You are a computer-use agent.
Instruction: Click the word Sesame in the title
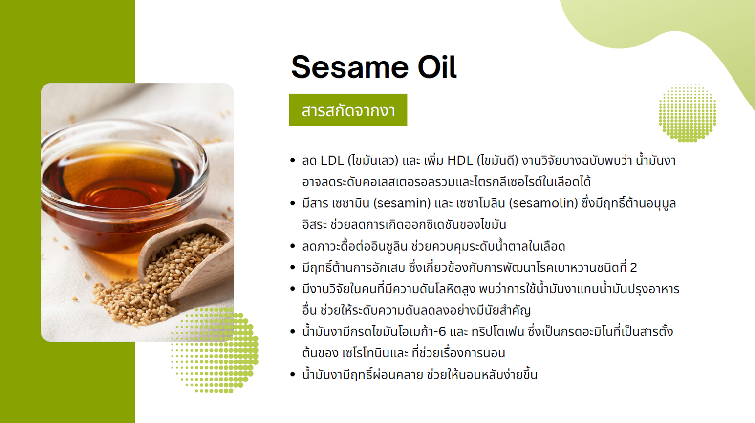click(x=350, y=67)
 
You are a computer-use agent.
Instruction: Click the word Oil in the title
click(x=437, y=67)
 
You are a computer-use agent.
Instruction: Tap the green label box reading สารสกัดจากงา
click(x=348, y=110)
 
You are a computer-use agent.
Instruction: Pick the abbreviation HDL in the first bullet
click(x=460, y=161)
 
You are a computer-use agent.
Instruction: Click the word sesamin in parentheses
click(x=402, y=203)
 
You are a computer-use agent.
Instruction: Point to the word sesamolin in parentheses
click(x=544, y=203)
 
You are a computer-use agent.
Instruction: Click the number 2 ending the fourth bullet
click(x=633, y=267)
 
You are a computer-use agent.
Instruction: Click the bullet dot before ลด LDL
click(x=293, y=160)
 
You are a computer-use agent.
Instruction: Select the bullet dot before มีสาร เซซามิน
click(x=293, y=203)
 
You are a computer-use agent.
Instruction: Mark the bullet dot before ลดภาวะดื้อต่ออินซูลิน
click(x=293, y=246)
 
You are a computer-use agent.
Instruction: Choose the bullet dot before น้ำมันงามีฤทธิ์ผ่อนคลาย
click(x=293, y=374)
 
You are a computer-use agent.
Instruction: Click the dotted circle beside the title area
click(x=688, y=113)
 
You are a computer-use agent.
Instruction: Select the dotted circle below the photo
click(x=215, y=350)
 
